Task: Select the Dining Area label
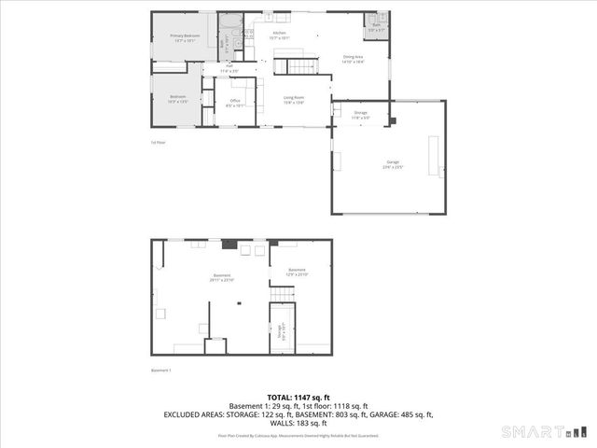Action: (x=353, y=58)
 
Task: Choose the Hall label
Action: (x=229, y=69)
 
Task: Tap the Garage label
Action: (x=393, y=164)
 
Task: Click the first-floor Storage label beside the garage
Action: (x=361, y=114)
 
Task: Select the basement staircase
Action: (x=283, y=294)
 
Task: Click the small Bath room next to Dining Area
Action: (x=375, y=29)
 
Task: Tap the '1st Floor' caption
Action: (x=159, y=143)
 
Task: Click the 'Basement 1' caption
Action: (x=162, y=371)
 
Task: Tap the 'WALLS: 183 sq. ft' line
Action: (x=298, y=423)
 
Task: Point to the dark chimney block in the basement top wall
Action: (x=228, y=244)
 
